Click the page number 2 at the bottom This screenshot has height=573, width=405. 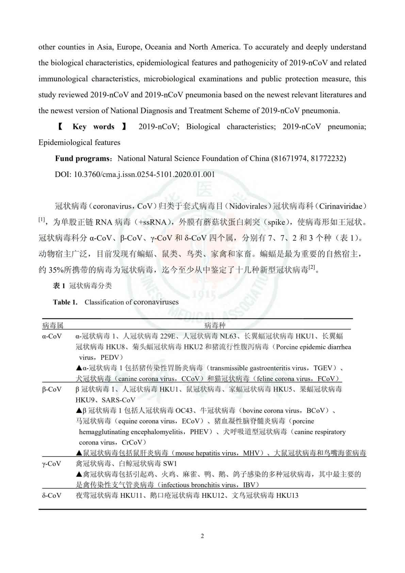tap(202, 536)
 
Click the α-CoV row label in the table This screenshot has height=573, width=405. tap(52, 336)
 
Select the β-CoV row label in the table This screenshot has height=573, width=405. tap(52, 389)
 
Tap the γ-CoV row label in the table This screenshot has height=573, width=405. tap(52, 463)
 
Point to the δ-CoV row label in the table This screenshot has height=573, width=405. tap(52, 495)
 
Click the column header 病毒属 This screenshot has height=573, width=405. tap(53, 325)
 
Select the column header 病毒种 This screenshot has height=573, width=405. tap(215, 325)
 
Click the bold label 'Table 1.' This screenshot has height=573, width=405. tap(65, 302)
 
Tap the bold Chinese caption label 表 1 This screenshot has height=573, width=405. tap(59, 286)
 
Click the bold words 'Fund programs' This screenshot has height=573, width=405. tap(83, 158)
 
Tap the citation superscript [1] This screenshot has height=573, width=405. tap(42, 220)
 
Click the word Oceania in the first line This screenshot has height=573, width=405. tap(158, 47)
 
